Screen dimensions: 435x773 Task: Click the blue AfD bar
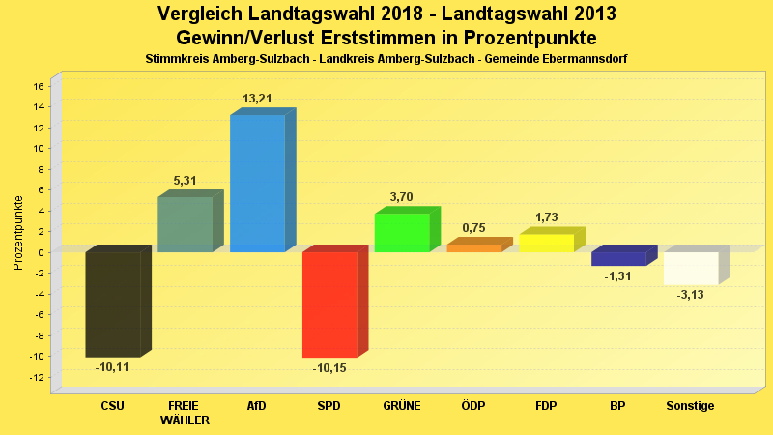point(257,183)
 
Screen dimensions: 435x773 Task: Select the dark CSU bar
point(113,304)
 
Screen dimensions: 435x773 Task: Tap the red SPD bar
point(329,304)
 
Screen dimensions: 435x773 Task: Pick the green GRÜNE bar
point(402,232)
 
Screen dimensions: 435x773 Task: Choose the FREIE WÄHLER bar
point(185,224)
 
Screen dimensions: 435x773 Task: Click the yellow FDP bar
point(547,243)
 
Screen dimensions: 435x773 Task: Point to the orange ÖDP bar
point(474,247)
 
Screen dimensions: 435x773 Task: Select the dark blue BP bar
point(618,258)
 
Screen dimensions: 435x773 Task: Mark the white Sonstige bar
point(691,268)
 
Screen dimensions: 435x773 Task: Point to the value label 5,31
point(185,181)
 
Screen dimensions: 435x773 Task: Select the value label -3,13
point(690,295)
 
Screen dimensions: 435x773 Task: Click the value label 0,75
point(474,228)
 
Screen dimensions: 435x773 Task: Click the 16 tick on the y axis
point(40,86)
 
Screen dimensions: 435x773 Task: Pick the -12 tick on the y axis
point(37,377)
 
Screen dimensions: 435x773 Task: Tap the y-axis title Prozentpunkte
point(18,233)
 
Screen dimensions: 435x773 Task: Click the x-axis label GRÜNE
point(402,406)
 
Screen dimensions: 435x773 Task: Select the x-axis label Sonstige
point(690,406)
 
